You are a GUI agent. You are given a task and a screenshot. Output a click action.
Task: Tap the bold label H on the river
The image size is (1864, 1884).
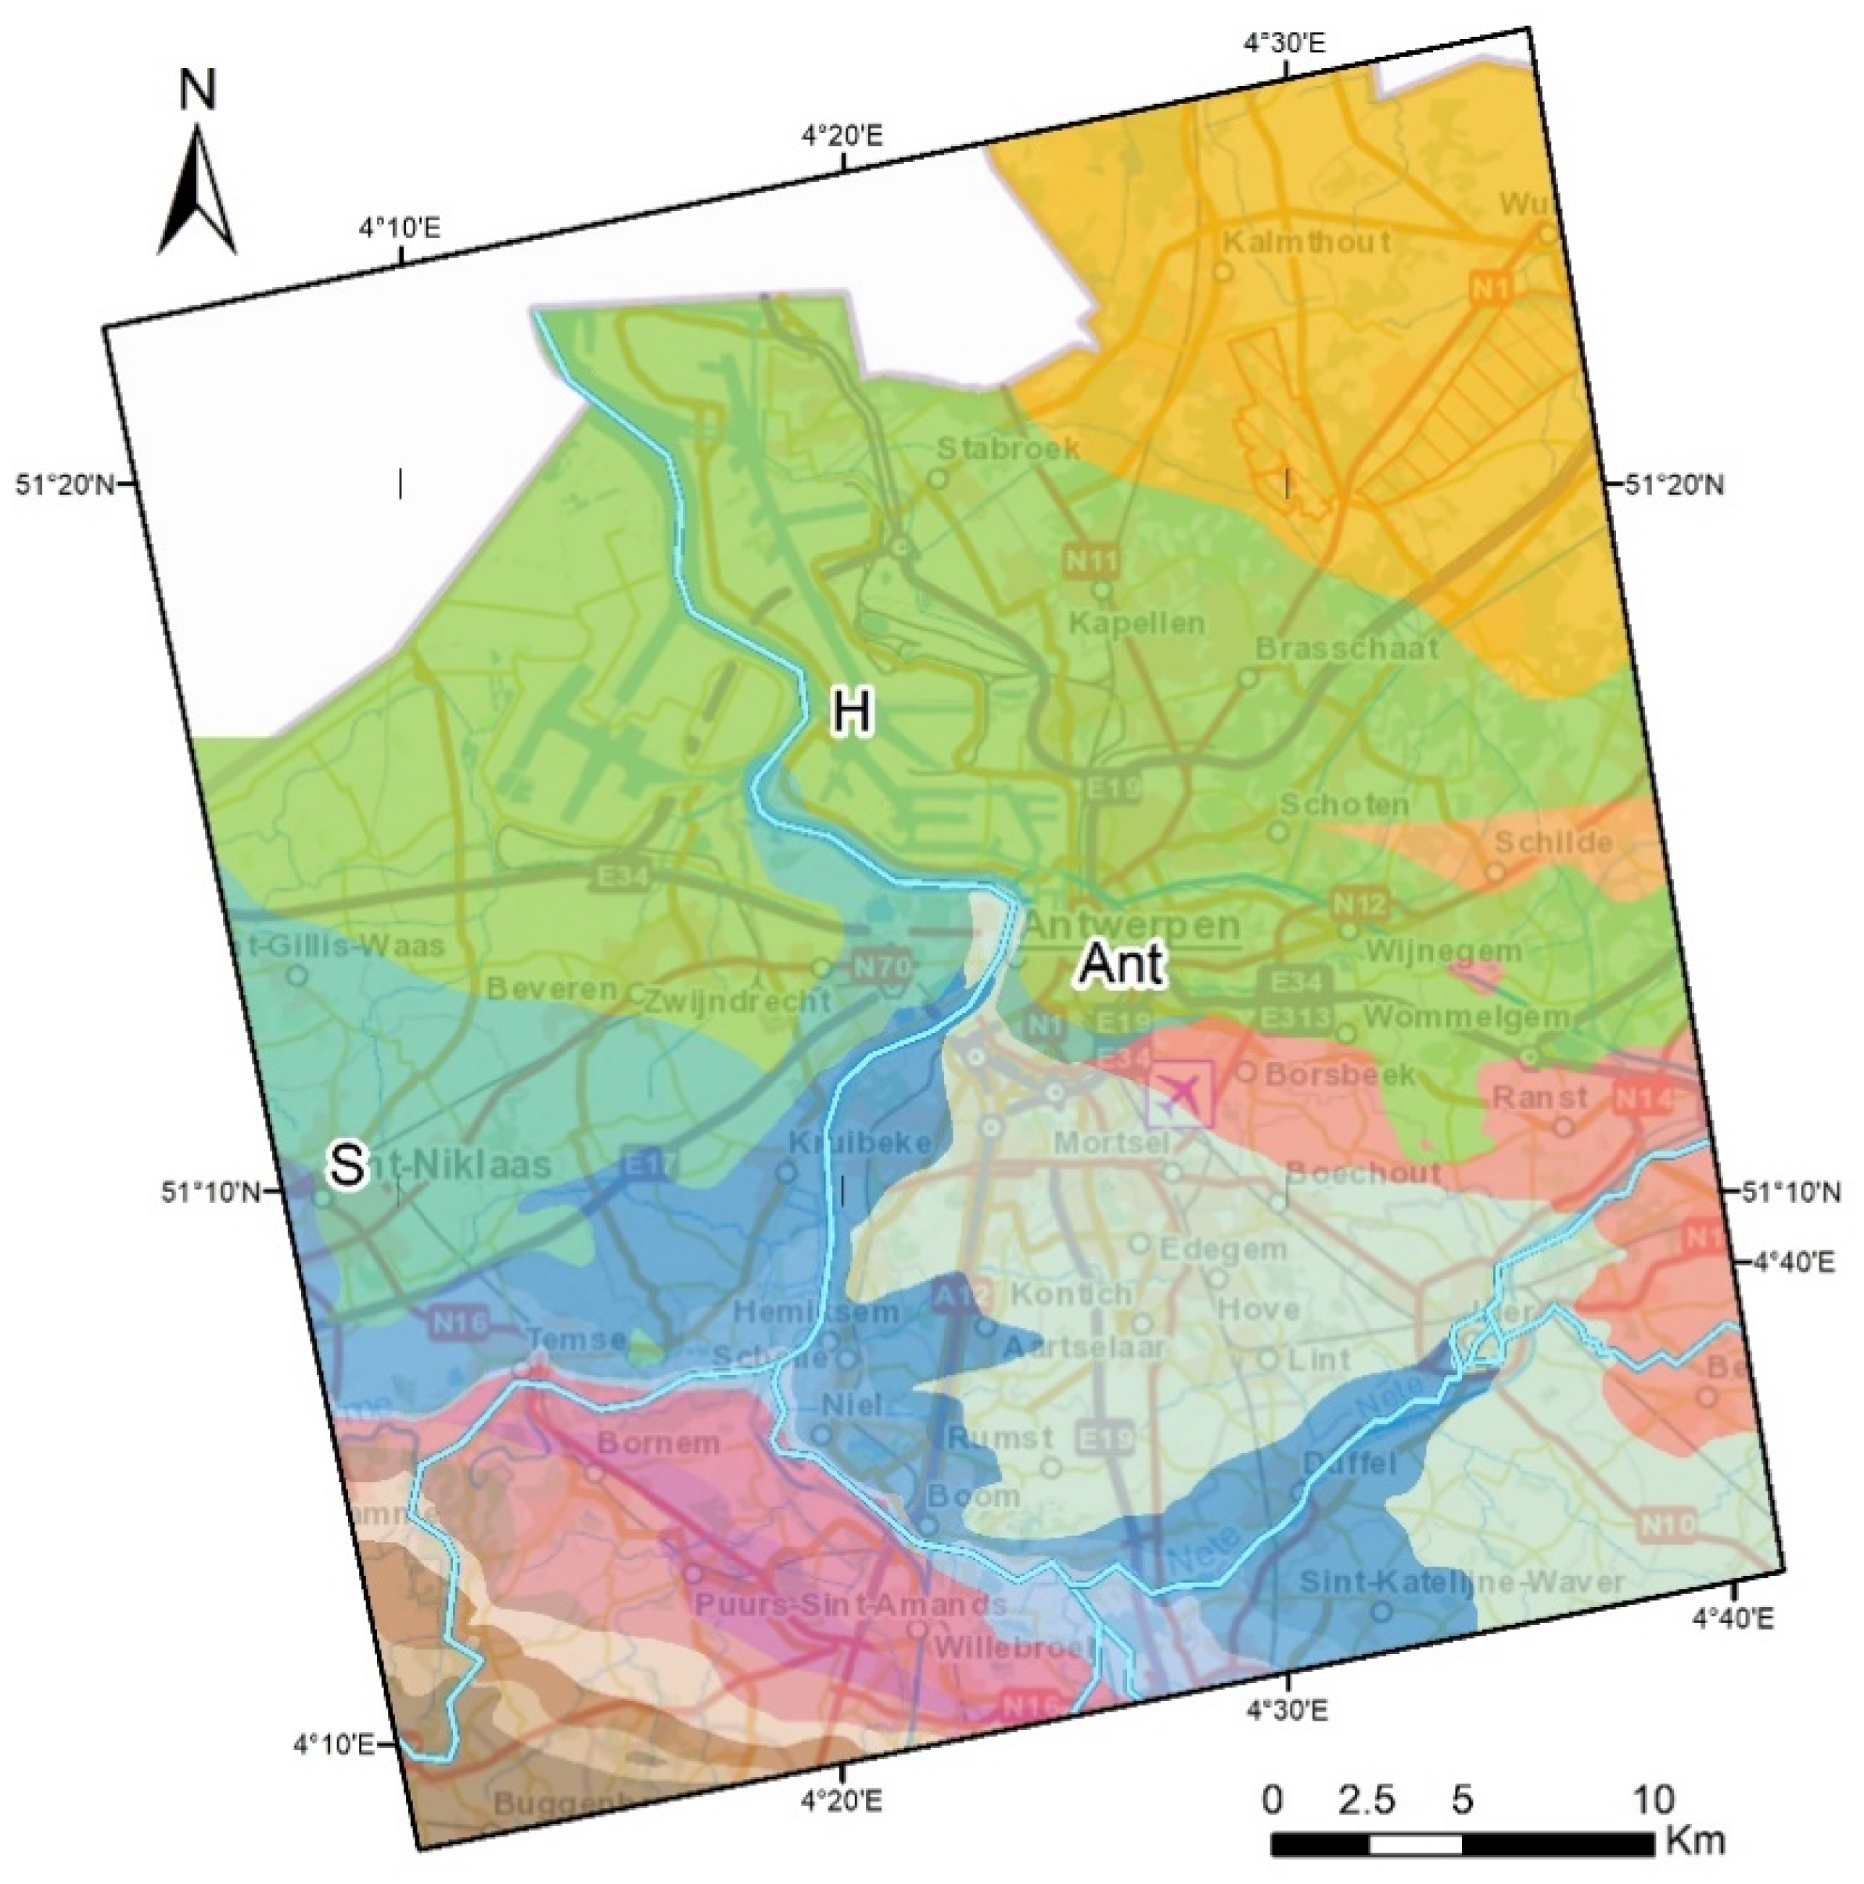(850, 712)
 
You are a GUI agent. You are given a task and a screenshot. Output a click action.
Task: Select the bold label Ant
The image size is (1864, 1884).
(1121, 964)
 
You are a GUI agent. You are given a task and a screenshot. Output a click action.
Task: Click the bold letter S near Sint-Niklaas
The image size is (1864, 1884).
(347, 1164)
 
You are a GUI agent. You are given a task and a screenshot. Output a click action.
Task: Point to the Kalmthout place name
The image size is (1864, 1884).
(1306, 241)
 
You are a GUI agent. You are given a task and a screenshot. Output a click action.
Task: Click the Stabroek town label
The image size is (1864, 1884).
(1007, 449)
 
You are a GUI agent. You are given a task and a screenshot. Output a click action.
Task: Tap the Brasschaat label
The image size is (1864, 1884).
(1346, 648)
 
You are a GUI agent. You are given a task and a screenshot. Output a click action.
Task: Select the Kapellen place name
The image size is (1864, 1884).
(1137, 623)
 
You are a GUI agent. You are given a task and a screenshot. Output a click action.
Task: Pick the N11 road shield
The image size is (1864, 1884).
(1091, 561)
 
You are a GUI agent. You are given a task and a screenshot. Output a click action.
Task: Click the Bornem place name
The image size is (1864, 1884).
(659, 1442)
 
